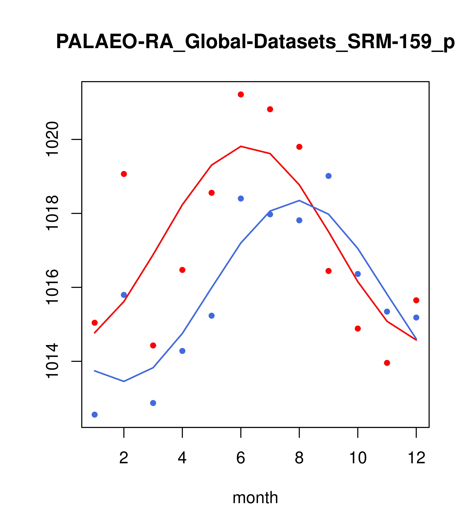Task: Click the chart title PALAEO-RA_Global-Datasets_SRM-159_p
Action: pos(255,42)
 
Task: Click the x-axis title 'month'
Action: pos(255,498)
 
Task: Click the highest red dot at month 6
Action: pos(241,94)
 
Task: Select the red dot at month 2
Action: pos(124,174)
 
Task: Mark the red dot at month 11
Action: pos(387,363)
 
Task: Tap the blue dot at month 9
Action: pos(328,176)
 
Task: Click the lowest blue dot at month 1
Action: pos(95,415)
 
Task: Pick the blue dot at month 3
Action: pos(153,403)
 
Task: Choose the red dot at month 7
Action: pos(270,109)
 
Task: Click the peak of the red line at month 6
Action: pos(241,147)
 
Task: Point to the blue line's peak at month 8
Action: pos(299,201)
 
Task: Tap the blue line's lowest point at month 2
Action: pos(124,381)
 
